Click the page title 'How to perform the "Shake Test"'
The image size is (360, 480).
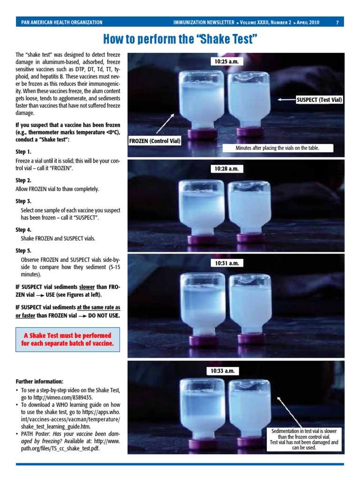[180, 38]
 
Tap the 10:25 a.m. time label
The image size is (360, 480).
[227, 61]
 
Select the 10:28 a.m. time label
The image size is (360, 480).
[227, 168]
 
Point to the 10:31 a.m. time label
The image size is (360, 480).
[227, 263]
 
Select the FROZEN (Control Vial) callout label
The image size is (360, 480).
[155, 141]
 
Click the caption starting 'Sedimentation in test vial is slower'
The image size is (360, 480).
[304, 439]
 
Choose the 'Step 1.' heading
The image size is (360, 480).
[23, 152]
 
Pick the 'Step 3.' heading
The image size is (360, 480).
[23, 201]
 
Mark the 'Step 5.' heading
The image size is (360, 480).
[23, 250]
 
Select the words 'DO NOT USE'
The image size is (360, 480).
[103, 315]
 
